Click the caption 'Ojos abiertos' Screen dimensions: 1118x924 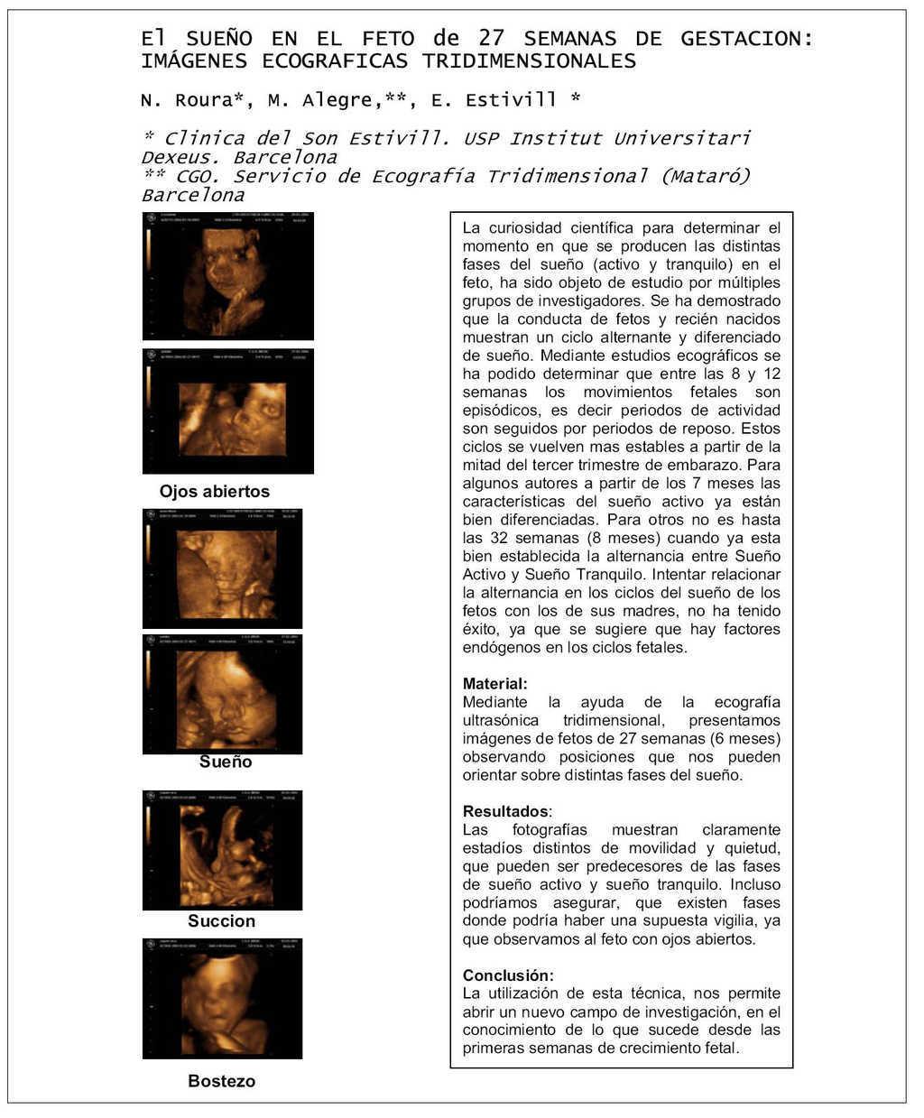(215, 492)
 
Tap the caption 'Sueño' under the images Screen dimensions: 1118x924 (226, 762)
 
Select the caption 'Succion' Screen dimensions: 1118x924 (221, 921)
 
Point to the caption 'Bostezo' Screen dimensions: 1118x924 (221, 1081)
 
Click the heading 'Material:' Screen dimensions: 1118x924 (494, 684)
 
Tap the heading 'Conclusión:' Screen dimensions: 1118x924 (508, 975)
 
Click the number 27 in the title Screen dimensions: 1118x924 (491, 39)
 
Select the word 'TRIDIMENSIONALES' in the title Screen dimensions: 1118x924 (530, 61)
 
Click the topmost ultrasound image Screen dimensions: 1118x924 (228, 275)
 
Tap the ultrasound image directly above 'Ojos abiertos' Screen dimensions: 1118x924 (228, 411)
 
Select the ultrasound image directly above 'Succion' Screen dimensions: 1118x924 (223, 850)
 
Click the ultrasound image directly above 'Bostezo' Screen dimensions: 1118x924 (223, 998)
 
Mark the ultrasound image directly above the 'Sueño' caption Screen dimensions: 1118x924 (223, 694)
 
